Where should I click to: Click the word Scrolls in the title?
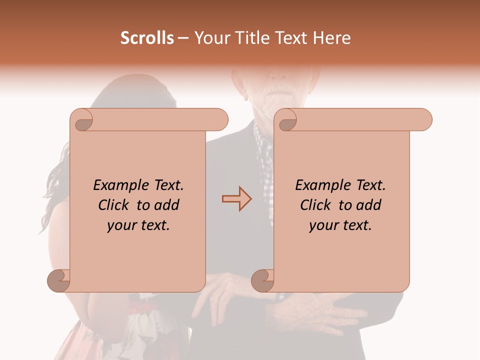click(147, 38)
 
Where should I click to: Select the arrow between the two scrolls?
click(236, 198)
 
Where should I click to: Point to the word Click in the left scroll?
click(115, 205)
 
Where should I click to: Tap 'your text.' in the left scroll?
click(138, 225)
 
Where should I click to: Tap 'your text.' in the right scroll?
click(340, 225)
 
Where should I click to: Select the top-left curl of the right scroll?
click(286, 120)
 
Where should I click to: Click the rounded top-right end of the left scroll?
click(220, 120)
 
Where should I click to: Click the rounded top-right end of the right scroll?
click(424, 120)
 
